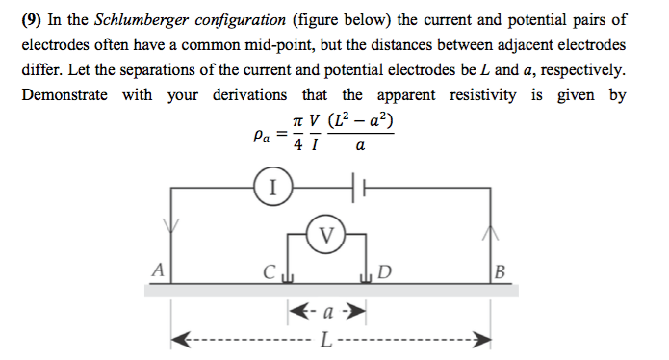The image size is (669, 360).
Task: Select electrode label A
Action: click(x=156, y=269)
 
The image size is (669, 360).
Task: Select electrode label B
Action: click(x=498, y=270)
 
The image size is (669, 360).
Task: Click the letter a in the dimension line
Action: click(x=328, y=313)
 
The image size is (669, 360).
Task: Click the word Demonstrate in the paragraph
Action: click(x=66, y=95)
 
